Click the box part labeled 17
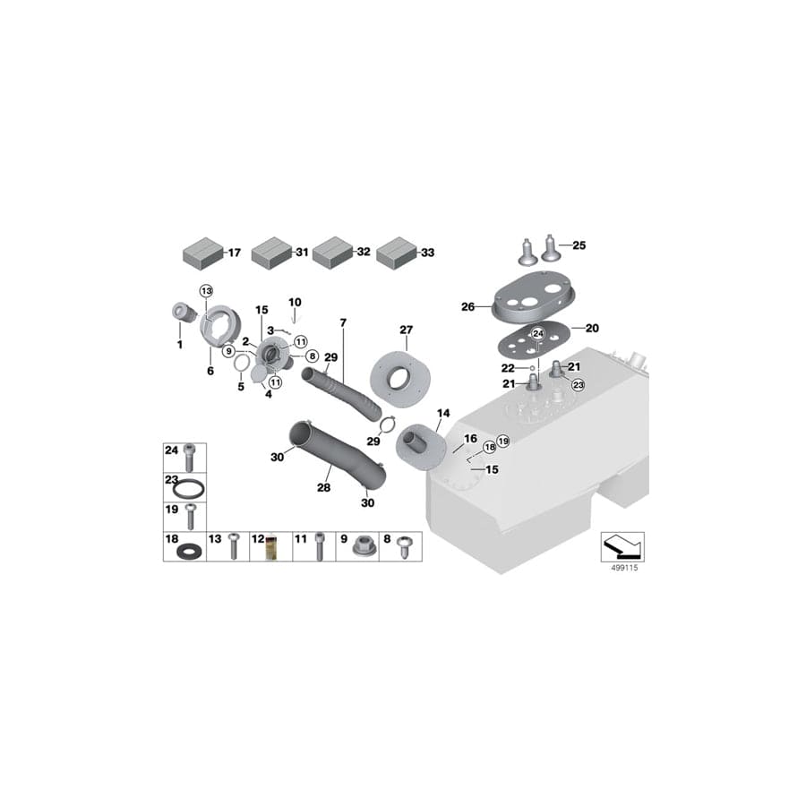(203, 253)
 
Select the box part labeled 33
(397, 253)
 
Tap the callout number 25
(579, 245)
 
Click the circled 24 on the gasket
(537, 334)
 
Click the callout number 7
(343, 322)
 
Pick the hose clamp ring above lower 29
(387, 424)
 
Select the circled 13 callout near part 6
(206, 291)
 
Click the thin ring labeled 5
(241, 363)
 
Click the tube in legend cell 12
(270, 548)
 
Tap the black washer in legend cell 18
(189, 553)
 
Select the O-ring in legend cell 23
(188, 488)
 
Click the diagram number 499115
(624, 568)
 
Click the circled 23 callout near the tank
(579, 385)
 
